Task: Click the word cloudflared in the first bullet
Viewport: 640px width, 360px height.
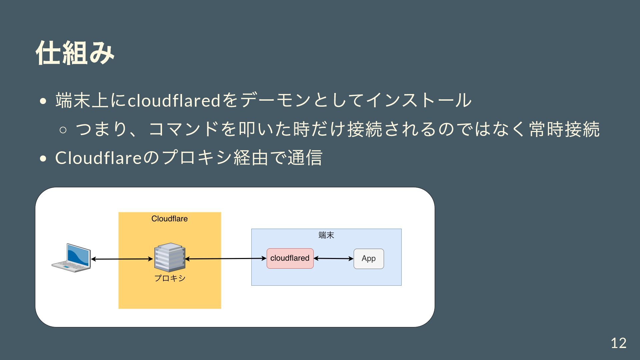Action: pyautogui.click(x=174, y=100)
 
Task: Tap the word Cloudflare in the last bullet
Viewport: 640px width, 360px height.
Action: pyautogui.click(x=99, y=158)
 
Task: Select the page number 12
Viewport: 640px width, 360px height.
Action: pyautogui.click(x=618, y=343)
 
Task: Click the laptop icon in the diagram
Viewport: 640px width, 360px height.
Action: pyautogui.click(x=71, y=258)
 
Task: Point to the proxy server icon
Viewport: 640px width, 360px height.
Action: pyautogui.click(x=169, y=257)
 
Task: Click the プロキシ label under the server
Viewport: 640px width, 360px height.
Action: pyautogui.click(x=170, y=278)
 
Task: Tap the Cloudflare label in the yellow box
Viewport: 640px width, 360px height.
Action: pyautogui.click(x=169, y=219)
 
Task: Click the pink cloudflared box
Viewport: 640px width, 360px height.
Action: pyautogui.click(x=290, y=258)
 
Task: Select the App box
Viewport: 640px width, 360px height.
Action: pyautogui.click(x=368, y=259)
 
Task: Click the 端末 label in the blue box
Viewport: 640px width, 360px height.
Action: pyautogui.click(x=326, y=235)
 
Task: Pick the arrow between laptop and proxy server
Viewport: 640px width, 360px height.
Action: pyautogui.click(x=122, y=259)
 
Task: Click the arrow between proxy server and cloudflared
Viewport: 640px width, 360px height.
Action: pyautogui.click(x=225, y=259)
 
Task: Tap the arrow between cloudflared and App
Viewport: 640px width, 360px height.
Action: pyautogui.click(x=333, y=258)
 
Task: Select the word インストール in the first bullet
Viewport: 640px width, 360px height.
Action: pyautogui.click(x=419, y=100)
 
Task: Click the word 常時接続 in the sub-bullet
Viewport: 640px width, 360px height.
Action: pyautogui.click(x=564, y=129)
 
